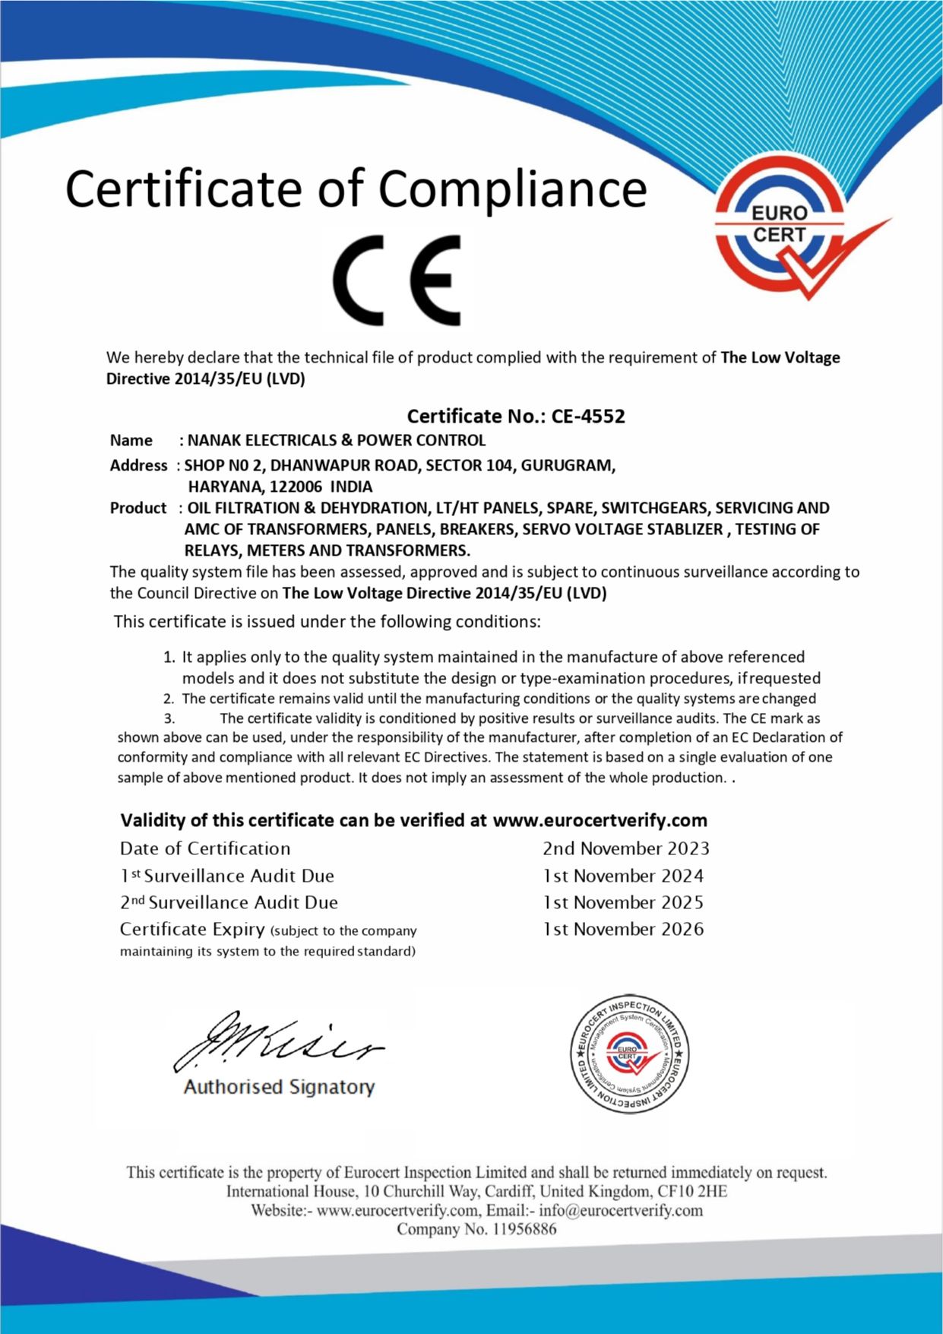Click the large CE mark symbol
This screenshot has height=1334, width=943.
coord(397,280)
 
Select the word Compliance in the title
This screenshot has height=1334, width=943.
coord(513,189)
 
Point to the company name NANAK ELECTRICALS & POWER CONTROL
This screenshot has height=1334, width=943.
coord(337,441)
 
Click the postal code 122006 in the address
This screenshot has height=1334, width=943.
coord(296,487)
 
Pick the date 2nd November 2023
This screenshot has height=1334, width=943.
coord(625,849)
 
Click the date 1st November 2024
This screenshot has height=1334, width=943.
coord(623,876)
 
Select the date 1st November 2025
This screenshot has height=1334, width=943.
coord(623,903)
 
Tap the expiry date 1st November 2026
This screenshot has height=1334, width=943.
coord(623,930)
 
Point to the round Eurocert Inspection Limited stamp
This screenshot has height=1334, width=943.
coord(629,1054)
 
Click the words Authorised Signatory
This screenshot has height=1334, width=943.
coord(279,1088)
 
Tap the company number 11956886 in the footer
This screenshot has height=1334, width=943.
coord(524,1230)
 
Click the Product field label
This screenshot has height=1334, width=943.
coord(138,509)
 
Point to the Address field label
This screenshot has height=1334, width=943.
coord(138,466)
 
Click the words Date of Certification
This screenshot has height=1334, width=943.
coord(205,849)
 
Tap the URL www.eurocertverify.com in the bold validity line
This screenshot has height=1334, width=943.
coord(600,821)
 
